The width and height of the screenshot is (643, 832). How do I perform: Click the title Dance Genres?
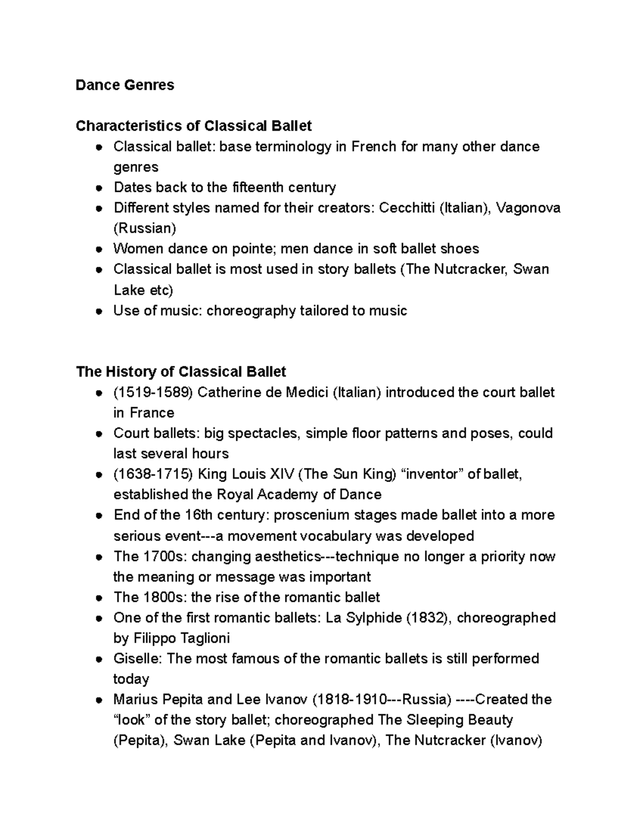click(125, 85)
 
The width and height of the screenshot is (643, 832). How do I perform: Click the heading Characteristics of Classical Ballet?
click(193, 126)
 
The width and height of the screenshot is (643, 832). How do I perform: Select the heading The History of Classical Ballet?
click(181, 372)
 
